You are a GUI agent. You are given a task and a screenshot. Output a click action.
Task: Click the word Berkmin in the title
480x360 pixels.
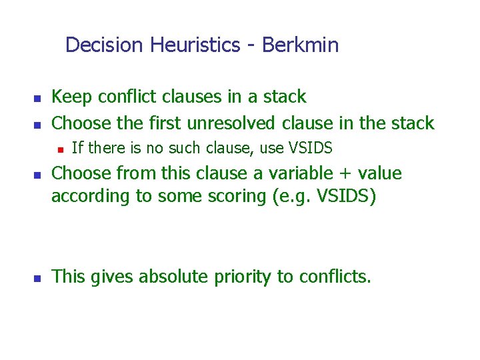[x=300, y=45]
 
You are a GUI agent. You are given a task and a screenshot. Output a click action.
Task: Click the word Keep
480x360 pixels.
[x=72, y=97]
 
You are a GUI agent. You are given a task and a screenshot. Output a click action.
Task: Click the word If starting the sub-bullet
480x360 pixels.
[x=77, y=147]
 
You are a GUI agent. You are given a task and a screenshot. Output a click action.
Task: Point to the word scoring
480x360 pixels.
[x=232, y=197]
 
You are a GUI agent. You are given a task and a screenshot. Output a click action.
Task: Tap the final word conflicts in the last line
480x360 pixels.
[x=327, y=277]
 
